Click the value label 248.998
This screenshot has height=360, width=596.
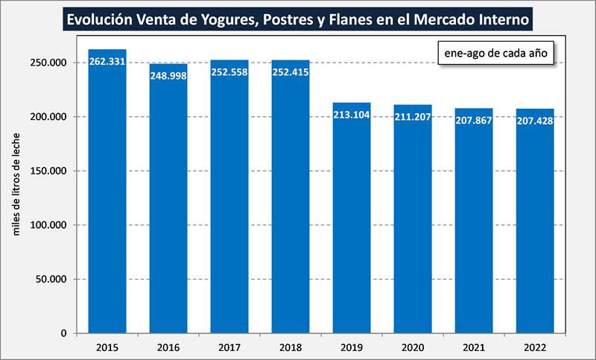(168, 75)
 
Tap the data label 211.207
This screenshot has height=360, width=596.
(413, 117)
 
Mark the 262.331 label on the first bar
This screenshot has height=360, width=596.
(107, 62)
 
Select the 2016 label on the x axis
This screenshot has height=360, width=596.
(168, 347)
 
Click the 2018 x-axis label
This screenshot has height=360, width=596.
(291, 347)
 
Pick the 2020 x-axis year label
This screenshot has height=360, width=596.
(413, 347)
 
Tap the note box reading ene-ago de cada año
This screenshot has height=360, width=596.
(495, 54)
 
